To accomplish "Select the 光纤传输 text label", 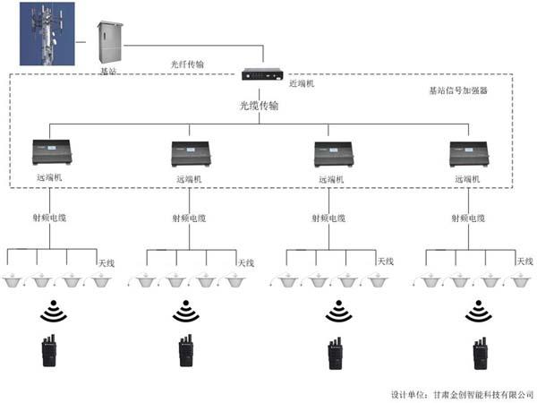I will click(x=187, y=64).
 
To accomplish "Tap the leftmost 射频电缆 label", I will click(x=50, y=218).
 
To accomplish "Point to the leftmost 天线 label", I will click(x=107, y=262).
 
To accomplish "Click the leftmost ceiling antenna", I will click(x=16, y=280).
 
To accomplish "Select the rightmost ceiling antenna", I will click(x=515, y=280).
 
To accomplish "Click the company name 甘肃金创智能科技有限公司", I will click(x=479, y=393).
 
